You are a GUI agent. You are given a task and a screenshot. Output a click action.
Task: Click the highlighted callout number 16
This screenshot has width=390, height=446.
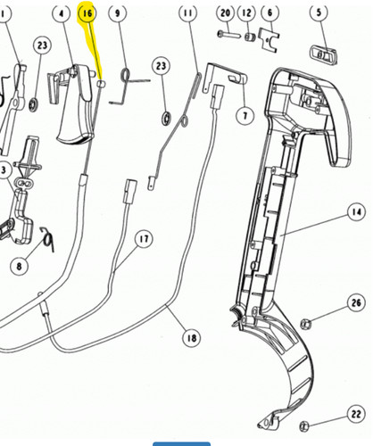(87, 13)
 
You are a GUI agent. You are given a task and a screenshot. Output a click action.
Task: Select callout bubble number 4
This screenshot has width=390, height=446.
(62, 13)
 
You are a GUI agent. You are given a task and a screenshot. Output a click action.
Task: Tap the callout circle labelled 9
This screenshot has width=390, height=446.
(118, 12)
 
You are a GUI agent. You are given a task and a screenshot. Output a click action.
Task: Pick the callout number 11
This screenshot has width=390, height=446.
(188, 12)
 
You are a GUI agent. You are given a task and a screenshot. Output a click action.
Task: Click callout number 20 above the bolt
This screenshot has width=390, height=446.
(225, 12)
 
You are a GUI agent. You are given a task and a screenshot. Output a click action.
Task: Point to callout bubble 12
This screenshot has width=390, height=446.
(247, 12)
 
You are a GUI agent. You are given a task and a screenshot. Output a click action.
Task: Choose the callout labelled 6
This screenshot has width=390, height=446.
(270, 12)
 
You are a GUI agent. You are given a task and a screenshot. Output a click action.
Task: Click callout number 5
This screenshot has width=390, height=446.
(319, 12)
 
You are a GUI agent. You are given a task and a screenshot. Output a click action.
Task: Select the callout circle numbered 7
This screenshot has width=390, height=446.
(245, 115)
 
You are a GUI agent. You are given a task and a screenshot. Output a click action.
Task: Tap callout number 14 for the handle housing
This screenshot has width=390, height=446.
(356, 212)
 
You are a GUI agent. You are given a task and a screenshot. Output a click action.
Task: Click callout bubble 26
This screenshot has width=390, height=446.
(356, 302)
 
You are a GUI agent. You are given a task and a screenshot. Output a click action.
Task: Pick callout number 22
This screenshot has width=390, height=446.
(356, 414)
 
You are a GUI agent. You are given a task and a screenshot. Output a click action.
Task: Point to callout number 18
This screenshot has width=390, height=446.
(192, 338)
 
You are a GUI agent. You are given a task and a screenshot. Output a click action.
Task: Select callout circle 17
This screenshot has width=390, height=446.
(144, 239)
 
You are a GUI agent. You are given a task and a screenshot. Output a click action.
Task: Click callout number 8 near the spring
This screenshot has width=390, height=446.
(20, 266)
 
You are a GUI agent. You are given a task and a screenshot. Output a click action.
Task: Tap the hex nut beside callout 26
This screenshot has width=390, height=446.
(305, 324)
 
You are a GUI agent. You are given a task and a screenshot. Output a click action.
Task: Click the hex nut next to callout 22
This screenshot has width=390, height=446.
(304, 426)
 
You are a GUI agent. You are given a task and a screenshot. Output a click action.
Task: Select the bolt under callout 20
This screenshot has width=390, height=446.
(228, 34)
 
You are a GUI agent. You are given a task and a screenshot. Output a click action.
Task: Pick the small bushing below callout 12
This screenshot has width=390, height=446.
(250, 37)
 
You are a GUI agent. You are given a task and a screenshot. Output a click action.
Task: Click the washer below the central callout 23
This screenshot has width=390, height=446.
(166, 119)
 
